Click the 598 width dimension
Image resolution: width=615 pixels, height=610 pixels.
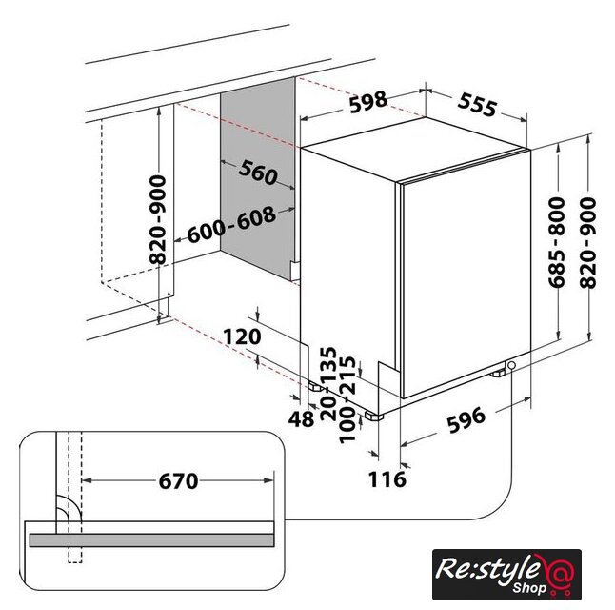(368, 102)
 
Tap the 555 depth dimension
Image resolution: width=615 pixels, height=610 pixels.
(477, 105)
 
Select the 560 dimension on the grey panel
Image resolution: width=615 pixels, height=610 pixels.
(258, 173)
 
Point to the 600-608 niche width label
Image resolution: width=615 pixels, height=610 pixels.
(231, 225)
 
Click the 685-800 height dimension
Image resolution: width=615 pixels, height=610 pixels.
(557, 242)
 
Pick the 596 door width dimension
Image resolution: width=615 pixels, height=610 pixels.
(466, 420)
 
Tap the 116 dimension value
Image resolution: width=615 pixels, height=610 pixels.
(387, 479)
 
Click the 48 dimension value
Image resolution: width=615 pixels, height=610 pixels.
(301, 418)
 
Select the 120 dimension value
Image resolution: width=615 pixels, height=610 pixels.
(242, 336)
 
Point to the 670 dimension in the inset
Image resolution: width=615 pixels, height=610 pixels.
(178, 480)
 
